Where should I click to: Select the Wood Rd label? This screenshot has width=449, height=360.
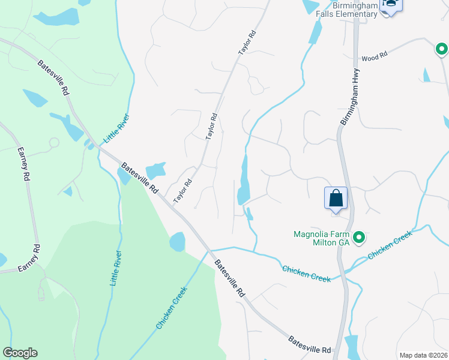pos(375,58)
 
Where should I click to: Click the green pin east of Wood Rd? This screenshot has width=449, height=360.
pos(441,49)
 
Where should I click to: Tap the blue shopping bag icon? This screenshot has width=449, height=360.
pos(336,198)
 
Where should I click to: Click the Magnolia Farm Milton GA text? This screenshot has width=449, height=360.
pos(321,239)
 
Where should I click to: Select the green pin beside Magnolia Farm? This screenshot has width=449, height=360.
pos(359,238)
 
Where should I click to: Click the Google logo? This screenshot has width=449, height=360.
pos(20,353)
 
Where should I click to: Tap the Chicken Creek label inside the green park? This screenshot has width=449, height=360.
pos(172,307)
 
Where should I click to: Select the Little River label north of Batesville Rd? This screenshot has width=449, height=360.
pos(116,129)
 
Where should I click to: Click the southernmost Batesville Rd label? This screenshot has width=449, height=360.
pos(310,345)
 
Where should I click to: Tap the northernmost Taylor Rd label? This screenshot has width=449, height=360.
pos(247,43)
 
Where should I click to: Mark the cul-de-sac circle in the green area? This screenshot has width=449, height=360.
pos(53,143)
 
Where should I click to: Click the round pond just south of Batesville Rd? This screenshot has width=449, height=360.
pos(177,242)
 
